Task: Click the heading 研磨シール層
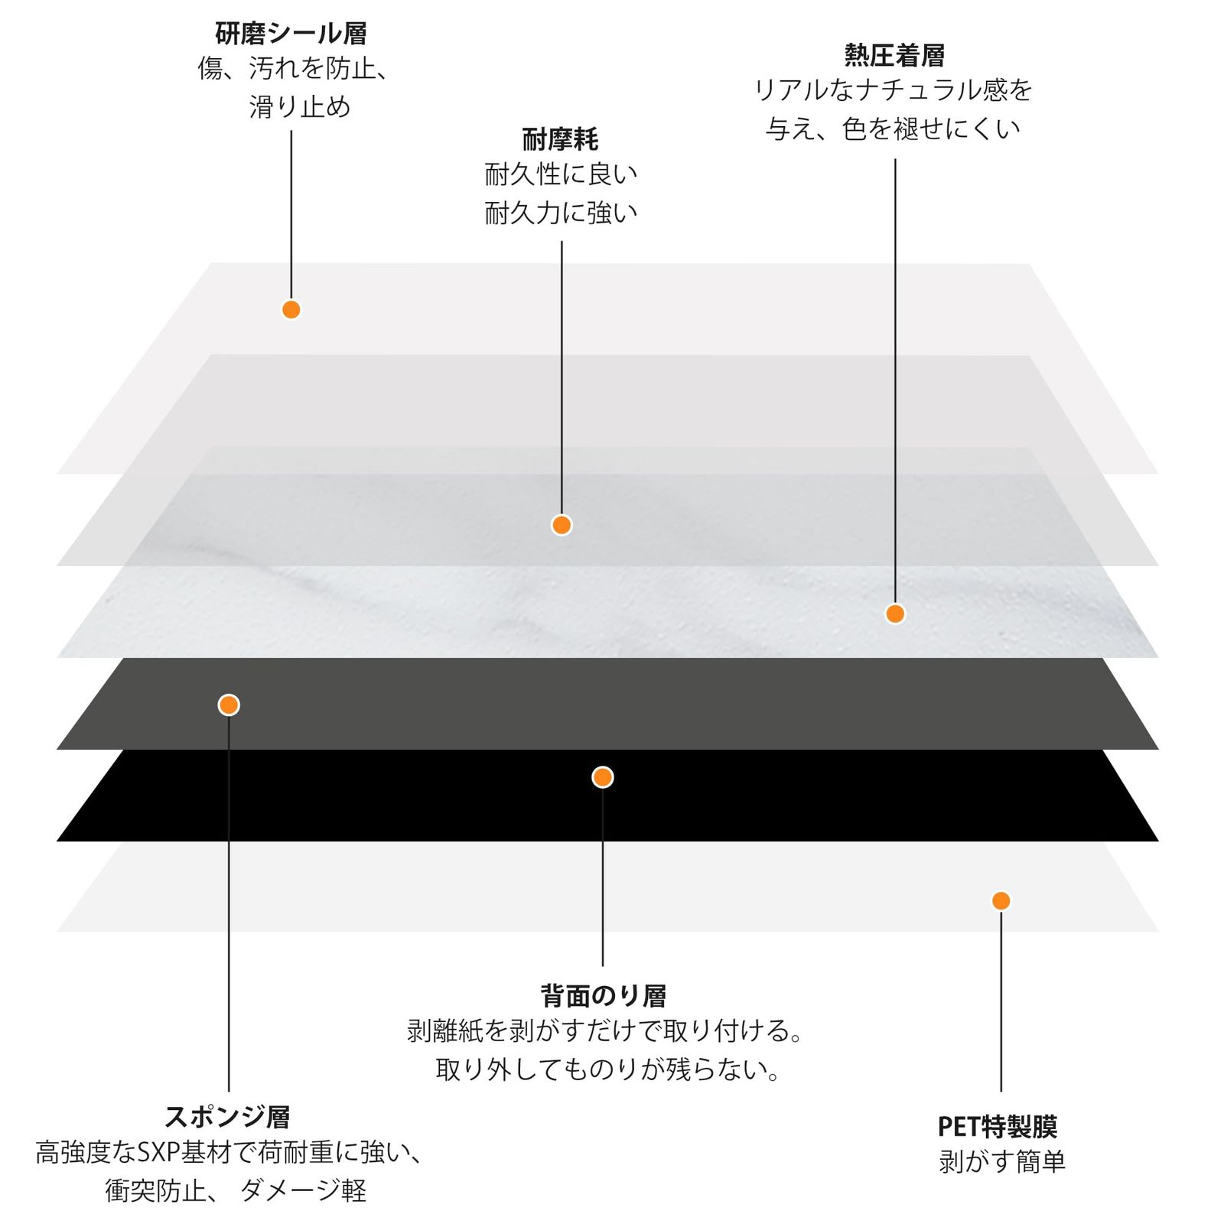coord(291,34)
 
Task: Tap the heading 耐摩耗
coord(560,139)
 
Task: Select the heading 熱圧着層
coord(894,55)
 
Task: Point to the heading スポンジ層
coord(228,1117)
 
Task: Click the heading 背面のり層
coord(603,996)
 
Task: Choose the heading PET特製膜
coord(998,1127)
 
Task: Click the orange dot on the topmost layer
coord(291,310)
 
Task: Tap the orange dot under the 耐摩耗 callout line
coord(562,525)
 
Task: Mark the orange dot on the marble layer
coord(895,614)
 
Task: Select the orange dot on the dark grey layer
coord(229,705)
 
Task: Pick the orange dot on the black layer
coord(603,777)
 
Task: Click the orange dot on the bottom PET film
coord(1001,900)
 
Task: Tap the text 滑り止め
coord(300,106)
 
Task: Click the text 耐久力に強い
coord(561,213)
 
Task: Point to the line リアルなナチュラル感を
coord(893,90)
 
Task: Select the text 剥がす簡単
coord(1001,1162)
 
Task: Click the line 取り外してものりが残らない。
coord(607,1069)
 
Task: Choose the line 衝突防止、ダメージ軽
coord(236,1190)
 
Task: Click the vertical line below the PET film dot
coord(1001,1002)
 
